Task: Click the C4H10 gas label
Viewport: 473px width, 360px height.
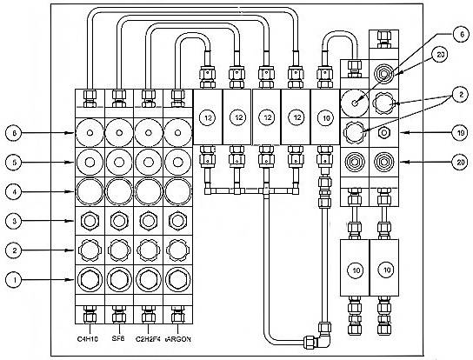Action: pyautogui.click(x=88, y=339)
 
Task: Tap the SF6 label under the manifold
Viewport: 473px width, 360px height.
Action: pyautogui.click(x=118, y=338)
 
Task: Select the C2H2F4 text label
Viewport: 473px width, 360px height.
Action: pyautogui.click(x=148, y=339)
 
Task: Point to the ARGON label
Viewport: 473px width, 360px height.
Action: pyautogui.click(x=178, y=339)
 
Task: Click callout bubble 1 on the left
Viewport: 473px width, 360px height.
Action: pyautogui.click(x=14, y=280)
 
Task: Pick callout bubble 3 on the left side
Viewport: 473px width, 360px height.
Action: pyautogui.click(x=14, y=221)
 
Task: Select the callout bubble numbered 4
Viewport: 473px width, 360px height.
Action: pyautogui.click(x=14, y=191)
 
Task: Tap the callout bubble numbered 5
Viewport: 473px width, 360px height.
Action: pyautogui.click(x=14, y=162)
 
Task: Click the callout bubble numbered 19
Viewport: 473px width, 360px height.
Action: pyautogui.click(x=461, y=132)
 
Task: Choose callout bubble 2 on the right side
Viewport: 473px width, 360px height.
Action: pyautogui.click(x=461, y=95)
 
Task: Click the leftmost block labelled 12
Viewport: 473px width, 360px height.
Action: pyautogui.click(x=208, y=117)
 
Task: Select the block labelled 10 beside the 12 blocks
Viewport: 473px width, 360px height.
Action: pyautogui.click(x=325, y=117)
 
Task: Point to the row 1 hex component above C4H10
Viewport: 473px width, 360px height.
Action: pyautogui.click(x=90, y=280)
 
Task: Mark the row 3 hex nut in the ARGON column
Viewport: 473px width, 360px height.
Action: pyautogui.click(x=177, y=221)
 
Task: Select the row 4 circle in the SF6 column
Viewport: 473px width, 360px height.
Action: pyautogui.click(x=119, y=191)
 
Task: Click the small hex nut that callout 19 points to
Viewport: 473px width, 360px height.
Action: pyautogui.click(x=384, y=132)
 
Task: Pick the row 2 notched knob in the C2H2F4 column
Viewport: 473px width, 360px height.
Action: pyautogui.click(x=149, y=250)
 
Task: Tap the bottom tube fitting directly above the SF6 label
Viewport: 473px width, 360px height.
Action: pyautogui.click(x=119, y=315)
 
